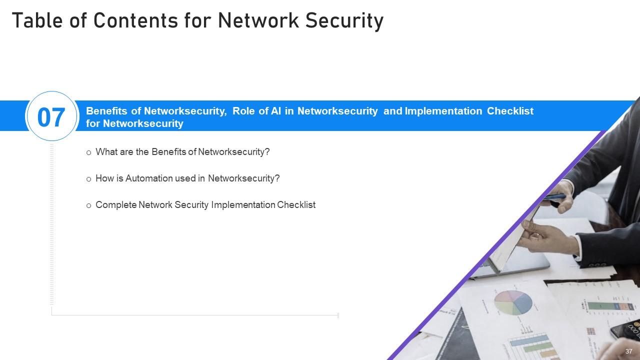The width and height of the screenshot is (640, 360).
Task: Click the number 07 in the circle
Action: coord(51,117)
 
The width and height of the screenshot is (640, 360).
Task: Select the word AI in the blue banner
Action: coord(276,111)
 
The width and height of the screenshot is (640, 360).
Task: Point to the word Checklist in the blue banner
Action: coord(510,111)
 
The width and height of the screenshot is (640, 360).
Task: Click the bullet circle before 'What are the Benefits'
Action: coord(89,152)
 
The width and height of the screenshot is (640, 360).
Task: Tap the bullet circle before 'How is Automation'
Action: coord(89,179)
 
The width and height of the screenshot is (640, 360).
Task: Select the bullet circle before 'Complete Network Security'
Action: coord(89,205)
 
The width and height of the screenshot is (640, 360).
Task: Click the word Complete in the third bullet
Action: coord(115,205)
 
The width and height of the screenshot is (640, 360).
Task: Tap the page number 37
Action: coord(629,351)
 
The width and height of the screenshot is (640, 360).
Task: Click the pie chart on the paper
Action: coord(513,302)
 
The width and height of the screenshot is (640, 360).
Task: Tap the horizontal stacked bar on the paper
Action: coord(610,305)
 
